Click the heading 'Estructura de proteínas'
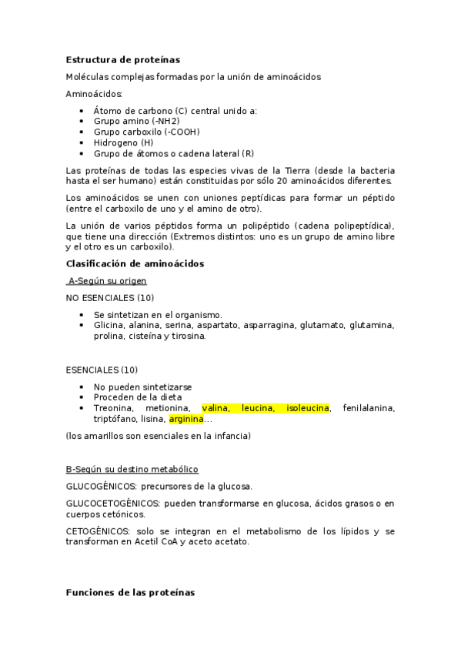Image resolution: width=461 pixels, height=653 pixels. [123, 59]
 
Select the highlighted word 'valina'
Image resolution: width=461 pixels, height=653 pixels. [215, 407]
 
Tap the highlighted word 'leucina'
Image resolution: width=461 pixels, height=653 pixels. [257, 407]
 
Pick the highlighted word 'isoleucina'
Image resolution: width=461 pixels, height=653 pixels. [307, 407]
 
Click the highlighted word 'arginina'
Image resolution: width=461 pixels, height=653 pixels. [186, 419]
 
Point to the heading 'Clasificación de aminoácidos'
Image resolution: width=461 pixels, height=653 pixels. [135, 263]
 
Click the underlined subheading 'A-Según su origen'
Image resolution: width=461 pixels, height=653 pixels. [107, 281]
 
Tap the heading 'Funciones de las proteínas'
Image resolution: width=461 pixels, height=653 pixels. [131, 592]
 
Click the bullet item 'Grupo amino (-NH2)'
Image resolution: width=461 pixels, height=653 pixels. [136, 122]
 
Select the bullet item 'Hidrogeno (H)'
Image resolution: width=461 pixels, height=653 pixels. [123, 142]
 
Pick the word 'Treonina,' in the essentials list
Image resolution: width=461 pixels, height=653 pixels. [115, 407]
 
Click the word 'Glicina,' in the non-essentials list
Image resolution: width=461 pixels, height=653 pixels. [112, 325]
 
